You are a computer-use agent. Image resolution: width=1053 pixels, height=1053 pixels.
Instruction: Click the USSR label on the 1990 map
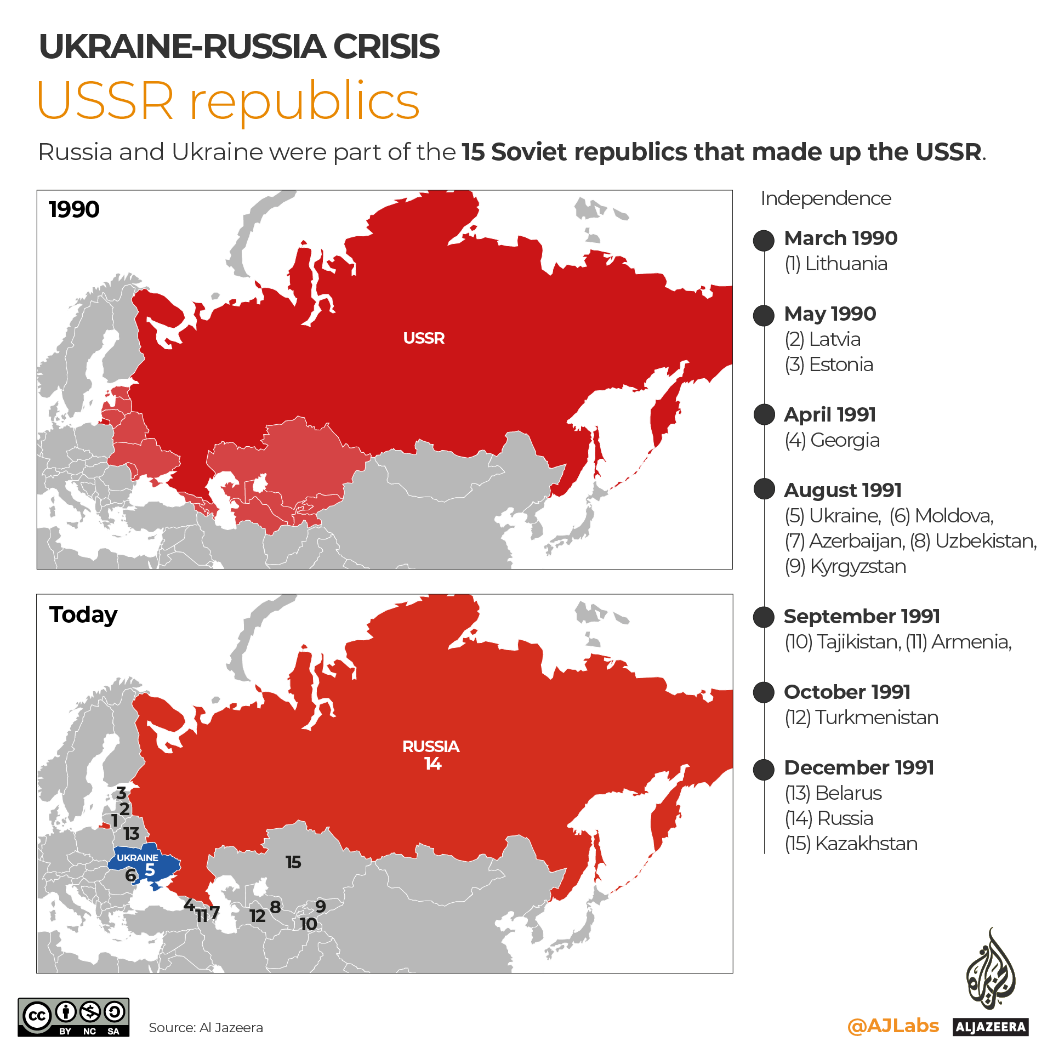424,338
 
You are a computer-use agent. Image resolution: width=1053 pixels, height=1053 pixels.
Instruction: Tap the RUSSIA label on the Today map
431,747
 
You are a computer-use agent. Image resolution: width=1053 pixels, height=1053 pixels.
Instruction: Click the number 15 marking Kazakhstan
293,862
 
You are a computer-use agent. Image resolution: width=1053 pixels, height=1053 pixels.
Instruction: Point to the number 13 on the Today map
132,834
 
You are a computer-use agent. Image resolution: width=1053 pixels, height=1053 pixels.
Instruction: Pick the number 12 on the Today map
257,915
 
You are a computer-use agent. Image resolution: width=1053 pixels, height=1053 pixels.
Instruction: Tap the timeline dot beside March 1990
764,240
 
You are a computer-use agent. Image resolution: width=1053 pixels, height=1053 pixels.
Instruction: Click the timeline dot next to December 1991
764,770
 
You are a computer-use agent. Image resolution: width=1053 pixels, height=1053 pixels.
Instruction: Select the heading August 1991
843,490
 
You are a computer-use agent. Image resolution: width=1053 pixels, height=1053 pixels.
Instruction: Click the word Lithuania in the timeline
846,264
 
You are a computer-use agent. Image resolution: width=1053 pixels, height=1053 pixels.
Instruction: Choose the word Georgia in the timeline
845,440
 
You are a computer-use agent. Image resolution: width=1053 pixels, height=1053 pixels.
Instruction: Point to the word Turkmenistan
876,718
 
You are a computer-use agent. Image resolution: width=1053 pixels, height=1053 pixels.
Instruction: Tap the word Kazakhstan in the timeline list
866,844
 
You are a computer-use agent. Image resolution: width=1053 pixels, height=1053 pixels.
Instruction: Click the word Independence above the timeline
826,198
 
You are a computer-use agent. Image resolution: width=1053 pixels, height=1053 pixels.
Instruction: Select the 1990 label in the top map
74,209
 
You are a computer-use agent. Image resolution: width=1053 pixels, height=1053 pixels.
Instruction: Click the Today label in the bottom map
83,615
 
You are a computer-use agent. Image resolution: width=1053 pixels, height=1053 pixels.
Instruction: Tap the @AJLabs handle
893,1026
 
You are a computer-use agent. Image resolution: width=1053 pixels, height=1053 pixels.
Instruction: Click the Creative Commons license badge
73,1017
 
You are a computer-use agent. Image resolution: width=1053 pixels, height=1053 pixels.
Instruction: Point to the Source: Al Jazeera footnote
206,1028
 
